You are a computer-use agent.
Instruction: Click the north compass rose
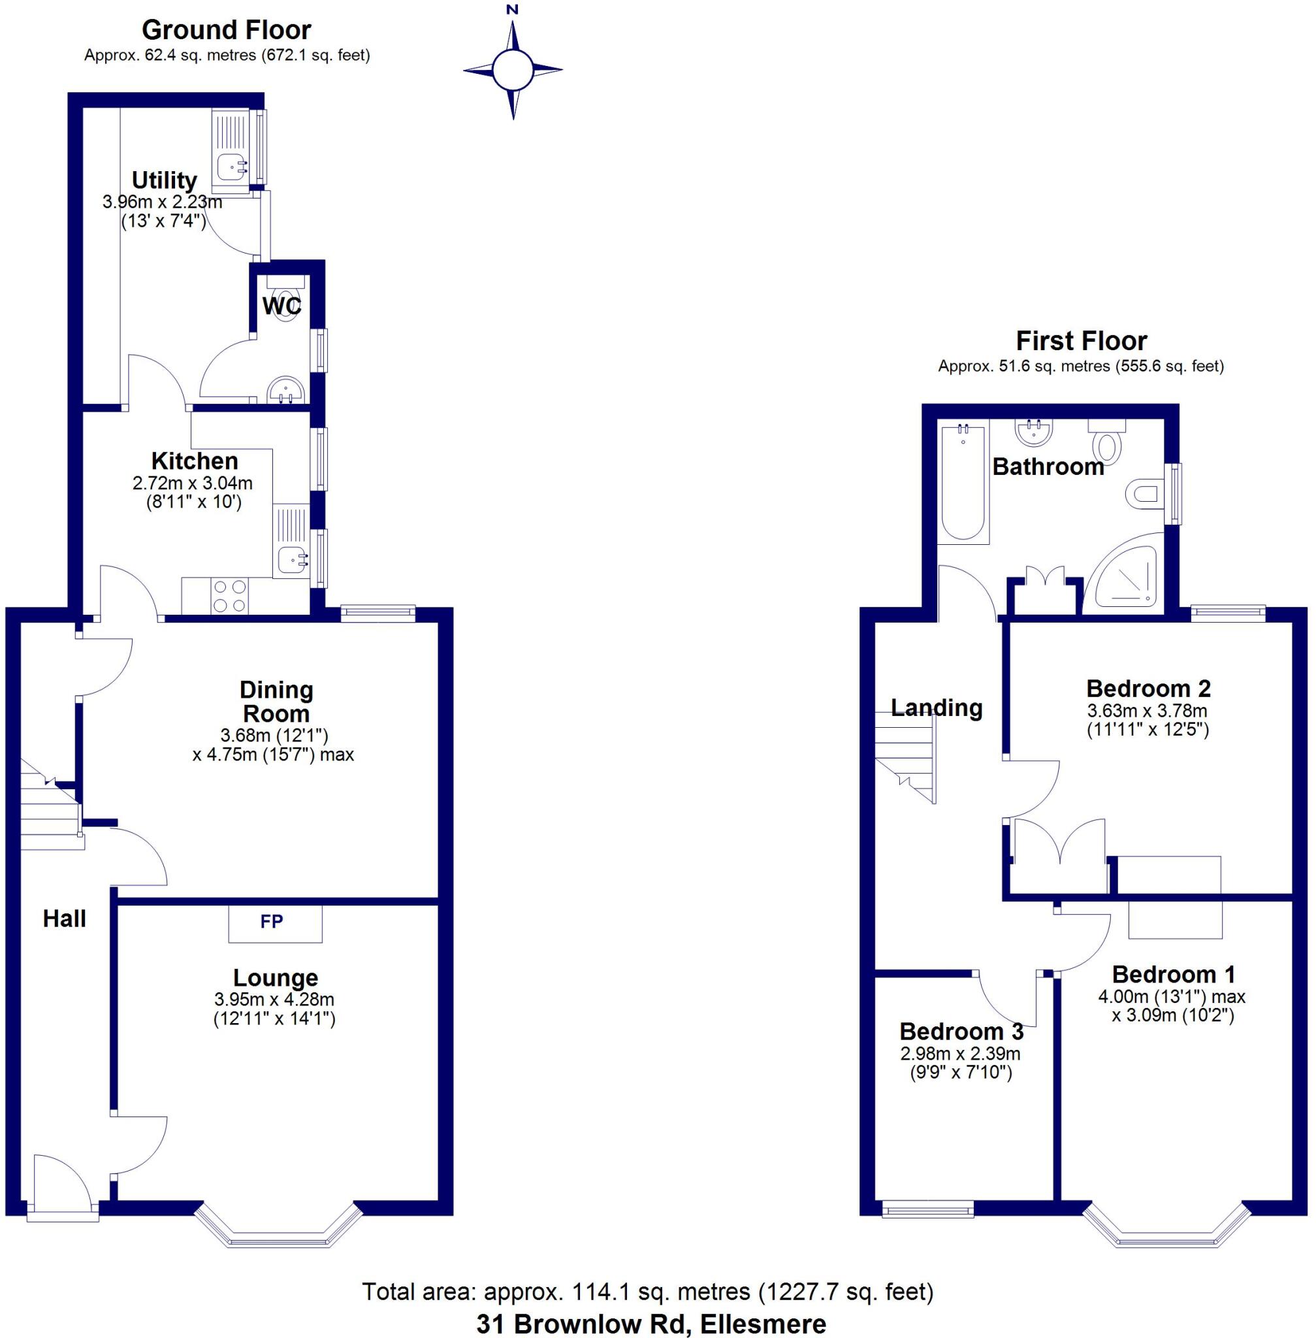[x=512, y=69]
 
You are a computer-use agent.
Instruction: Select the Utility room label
[x=164, y=180]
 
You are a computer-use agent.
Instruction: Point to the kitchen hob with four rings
[x=230, y=596]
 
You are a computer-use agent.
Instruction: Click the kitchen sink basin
[x=292, y=557]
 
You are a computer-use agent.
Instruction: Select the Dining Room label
[x=276, y=701]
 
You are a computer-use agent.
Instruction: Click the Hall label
[x=64, y=919]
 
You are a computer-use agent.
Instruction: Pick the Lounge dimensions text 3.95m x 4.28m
[x=274, y=999]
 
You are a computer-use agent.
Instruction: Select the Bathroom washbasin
[x=1034, y=431]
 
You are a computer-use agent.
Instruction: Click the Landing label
[x=936, y=708]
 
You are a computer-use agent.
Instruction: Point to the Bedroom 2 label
[x=1148, y=689]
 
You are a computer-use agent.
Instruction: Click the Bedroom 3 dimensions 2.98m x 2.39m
[x=960, y=1054]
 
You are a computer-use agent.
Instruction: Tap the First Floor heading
[x=1081, y=341]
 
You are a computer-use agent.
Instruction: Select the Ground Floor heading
[x=226, y=30]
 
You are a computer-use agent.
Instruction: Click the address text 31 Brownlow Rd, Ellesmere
[x=650, y=1324]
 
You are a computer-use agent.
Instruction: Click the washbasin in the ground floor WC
[x=285, y=391]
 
